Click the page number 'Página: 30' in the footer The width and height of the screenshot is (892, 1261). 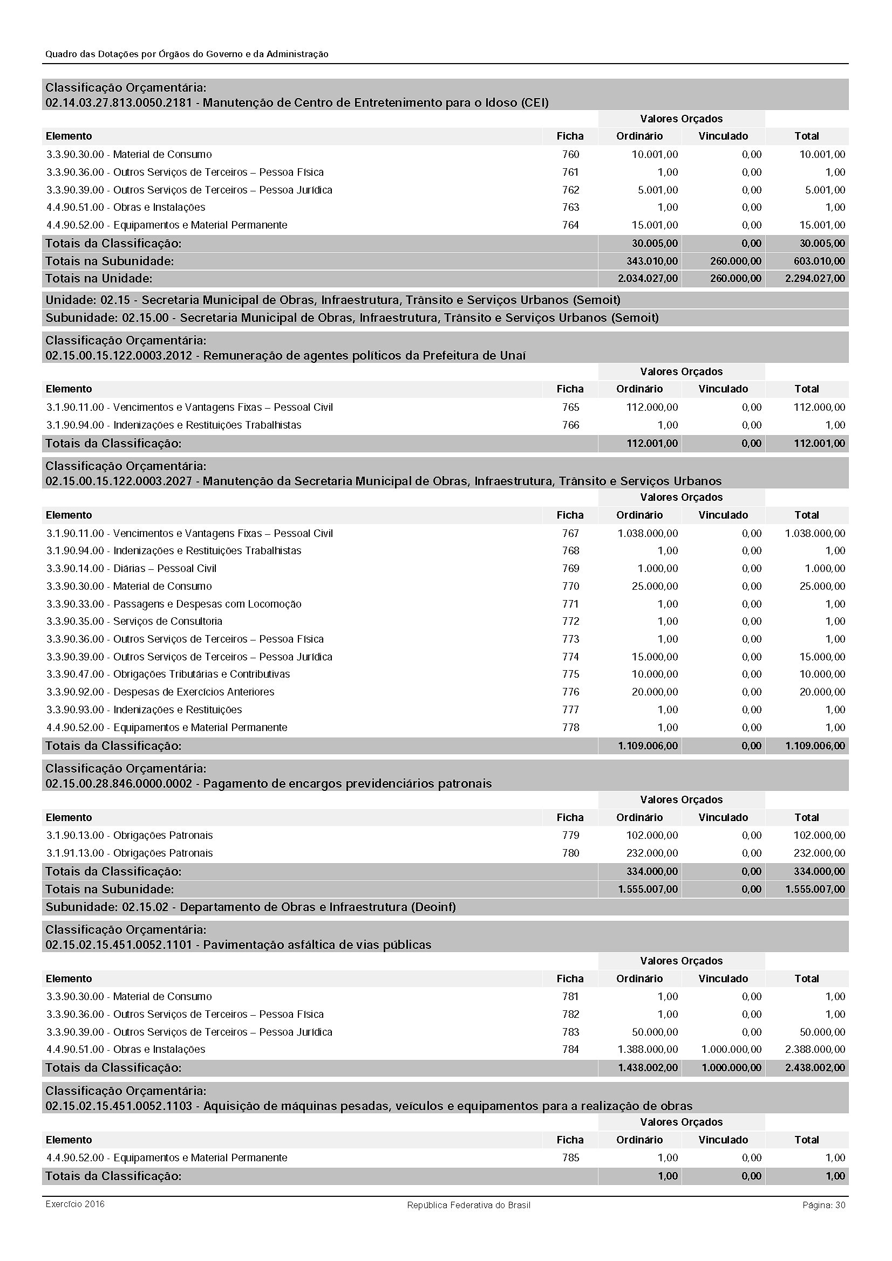coord(823,1205)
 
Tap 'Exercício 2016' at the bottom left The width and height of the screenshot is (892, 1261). coord(75,1204)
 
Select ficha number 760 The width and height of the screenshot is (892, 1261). coord(570,154)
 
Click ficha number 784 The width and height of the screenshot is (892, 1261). coord(570,1049)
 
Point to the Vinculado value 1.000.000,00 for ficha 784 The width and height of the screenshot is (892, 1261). coord(731,1049)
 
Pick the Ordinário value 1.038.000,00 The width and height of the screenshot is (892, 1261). coord(648,533)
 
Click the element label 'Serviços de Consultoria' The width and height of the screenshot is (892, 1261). coord(168,621)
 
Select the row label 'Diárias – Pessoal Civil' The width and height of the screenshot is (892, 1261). coord(165,568)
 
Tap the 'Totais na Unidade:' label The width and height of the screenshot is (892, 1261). coord(99,278)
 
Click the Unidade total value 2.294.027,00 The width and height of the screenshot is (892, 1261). coord(815,278)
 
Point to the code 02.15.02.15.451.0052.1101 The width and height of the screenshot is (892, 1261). coord(119,945)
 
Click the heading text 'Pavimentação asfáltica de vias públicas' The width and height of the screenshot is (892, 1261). coord(317,945)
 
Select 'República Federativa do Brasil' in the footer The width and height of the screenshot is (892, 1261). coord(468,1205)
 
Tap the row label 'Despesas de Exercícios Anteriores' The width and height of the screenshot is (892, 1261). coord(194,692)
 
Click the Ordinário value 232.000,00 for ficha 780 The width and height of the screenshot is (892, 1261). coord(652,853)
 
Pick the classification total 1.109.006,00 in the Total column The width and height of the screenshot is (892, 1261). coord(815,746)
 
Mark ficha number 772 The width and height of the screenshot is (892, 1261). coord(570,621)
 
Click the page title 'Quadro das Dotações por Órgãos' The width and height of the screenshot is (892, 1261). coord(187,54)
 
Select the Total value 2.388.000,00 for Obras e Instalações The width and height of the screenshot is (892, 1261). coord(815,1049)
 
